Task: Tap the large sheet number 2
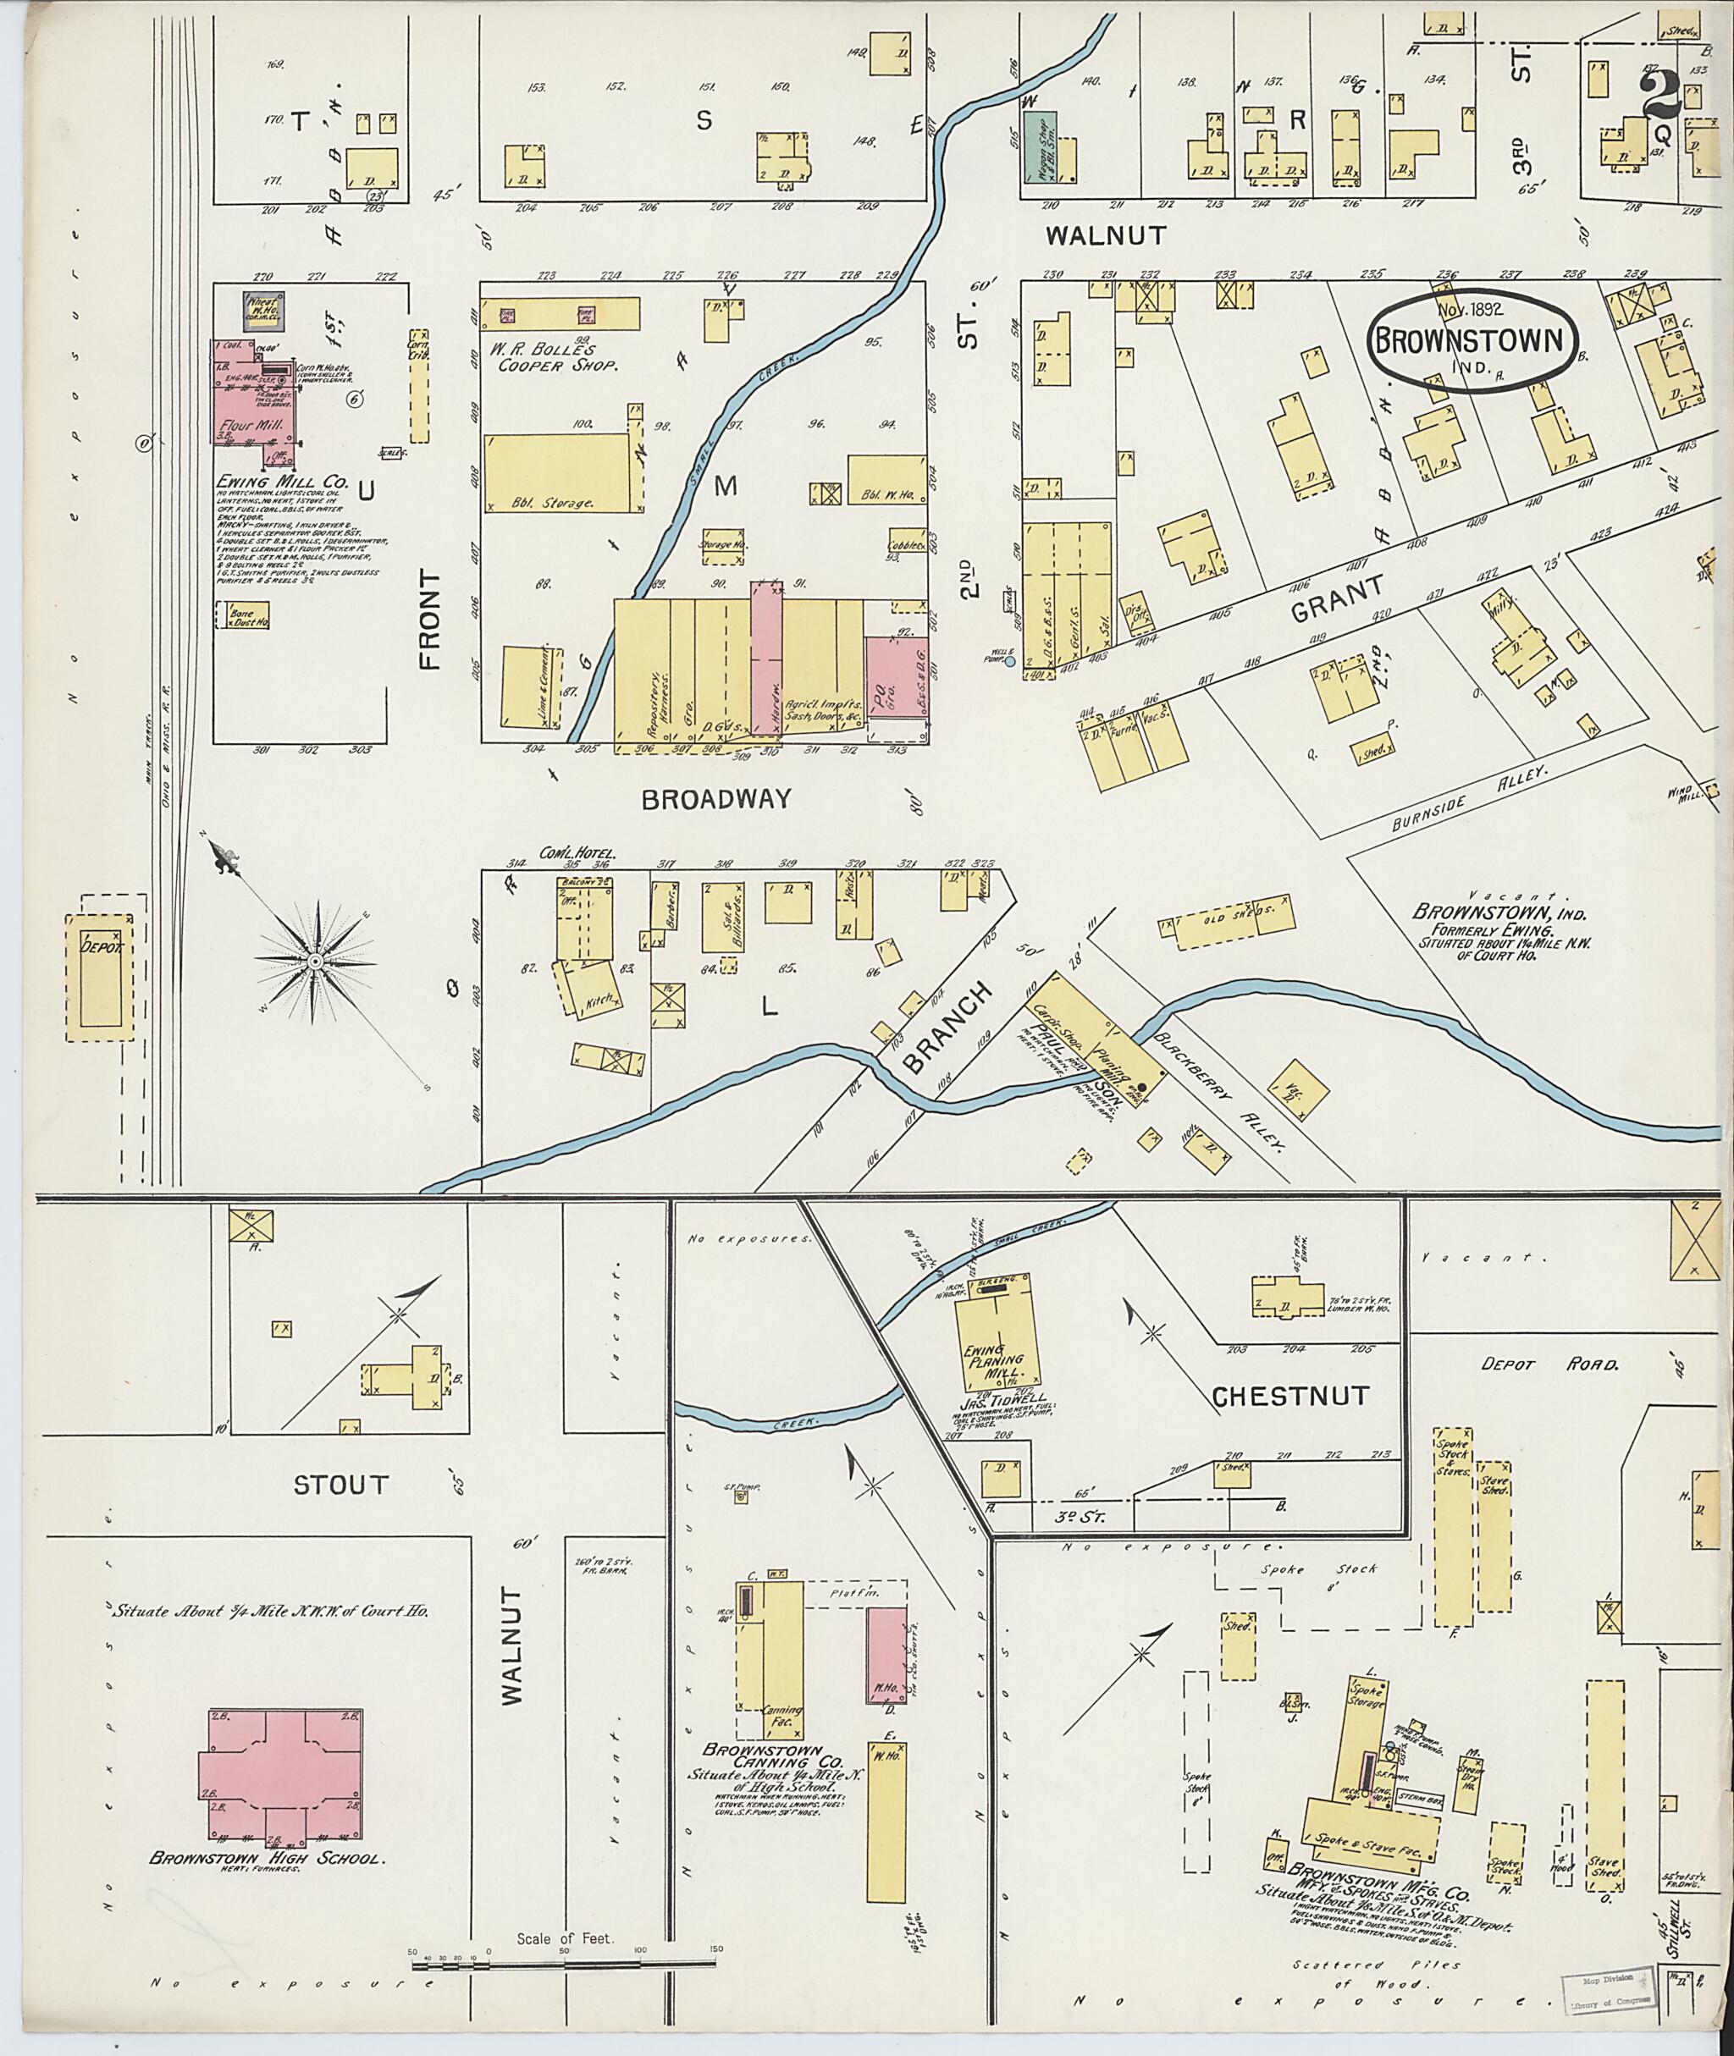point(1659,96)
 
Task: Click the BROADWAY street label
point(715,799)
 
